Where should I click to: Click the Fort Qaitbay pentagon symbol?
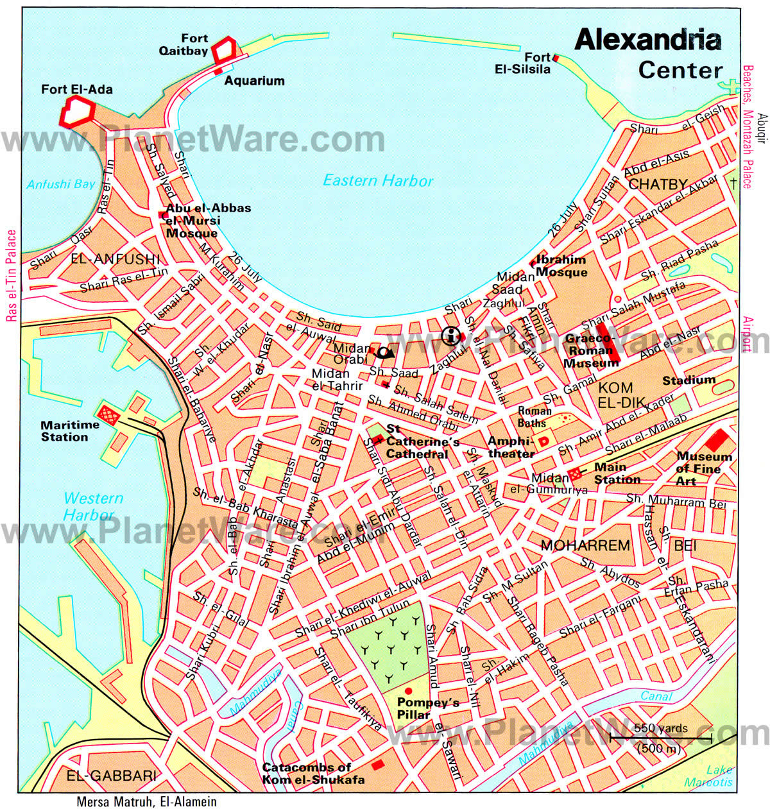click(x=224, y=50)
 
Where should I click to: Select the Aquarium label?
click(x=254, y=81)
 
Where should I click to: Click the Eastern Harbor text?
click(x=378, y=181)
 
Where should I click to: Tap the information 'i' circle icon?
click(x=452, y=335)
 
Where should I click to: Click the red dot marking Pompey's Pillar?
click(x=408, y=690)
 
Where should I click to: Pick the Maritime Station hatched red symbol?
click(x=108, y=415)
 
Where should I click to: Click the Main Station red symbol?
click(x=576, y=473)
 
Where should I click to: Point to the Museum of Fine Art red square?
click(x=717, y=440)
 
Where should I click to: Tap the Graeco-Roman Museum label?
click(x=589, y=350)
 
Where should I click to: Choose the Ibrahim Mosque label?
click(x=561, y=266)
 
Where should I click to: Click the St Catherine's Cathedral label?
click(x=422, y=442)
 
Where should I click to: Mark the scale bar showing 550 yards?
click(x=661, y=738)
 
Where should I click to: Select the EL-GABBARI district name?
click(x=112, y=776)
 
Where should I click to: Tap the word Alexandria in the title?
click(x=647, y=40)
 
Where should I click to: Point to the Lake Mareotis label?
click(x=708, y=776)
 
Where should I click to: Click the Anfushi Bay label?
click(x=60, y=185)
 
